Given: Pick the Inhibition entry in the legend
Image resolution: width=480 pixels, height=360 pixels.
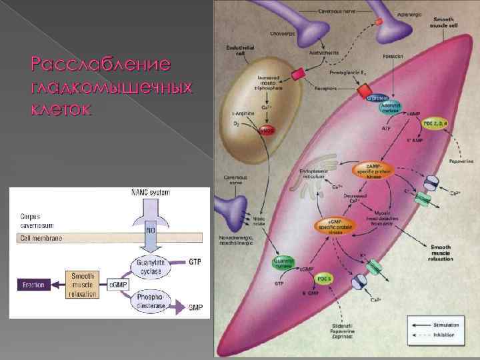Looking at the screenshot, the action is coord(443,335).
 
